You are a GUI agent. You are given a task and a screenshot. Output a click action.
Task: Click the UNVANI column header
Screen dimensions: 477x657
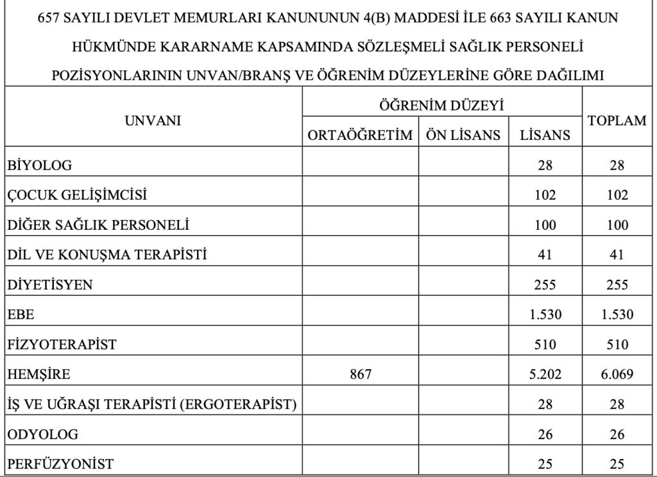(x=153, y=119)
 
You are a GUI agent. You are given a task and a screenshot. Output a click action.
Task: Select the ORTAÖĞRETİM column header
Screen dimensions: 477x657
(x=360, y=135)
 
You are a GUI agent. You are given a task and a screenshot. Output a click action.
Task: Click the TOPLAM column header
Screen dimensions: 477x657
(x=617, y=120)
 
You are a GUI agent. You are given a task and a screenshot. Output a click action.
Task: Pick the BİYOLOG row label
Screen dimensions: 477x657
(x=40, y=166)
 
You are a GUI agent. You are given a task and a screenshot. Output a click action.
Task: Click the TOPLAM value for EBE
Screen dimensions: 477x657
(x=617, y=315)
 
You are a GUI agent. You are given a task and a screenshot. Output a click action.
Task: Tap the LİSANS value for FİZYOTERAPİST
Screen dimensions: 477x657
(x=545, y=345)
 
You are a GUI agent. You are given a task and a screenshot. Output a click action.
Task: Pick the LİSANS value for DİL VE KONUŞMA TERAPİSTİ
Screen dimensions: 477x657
(x=545, y=256)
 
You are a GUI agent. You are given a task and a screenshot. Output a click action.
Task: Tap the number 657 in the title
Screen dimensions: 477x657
(x=53, y=17)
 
